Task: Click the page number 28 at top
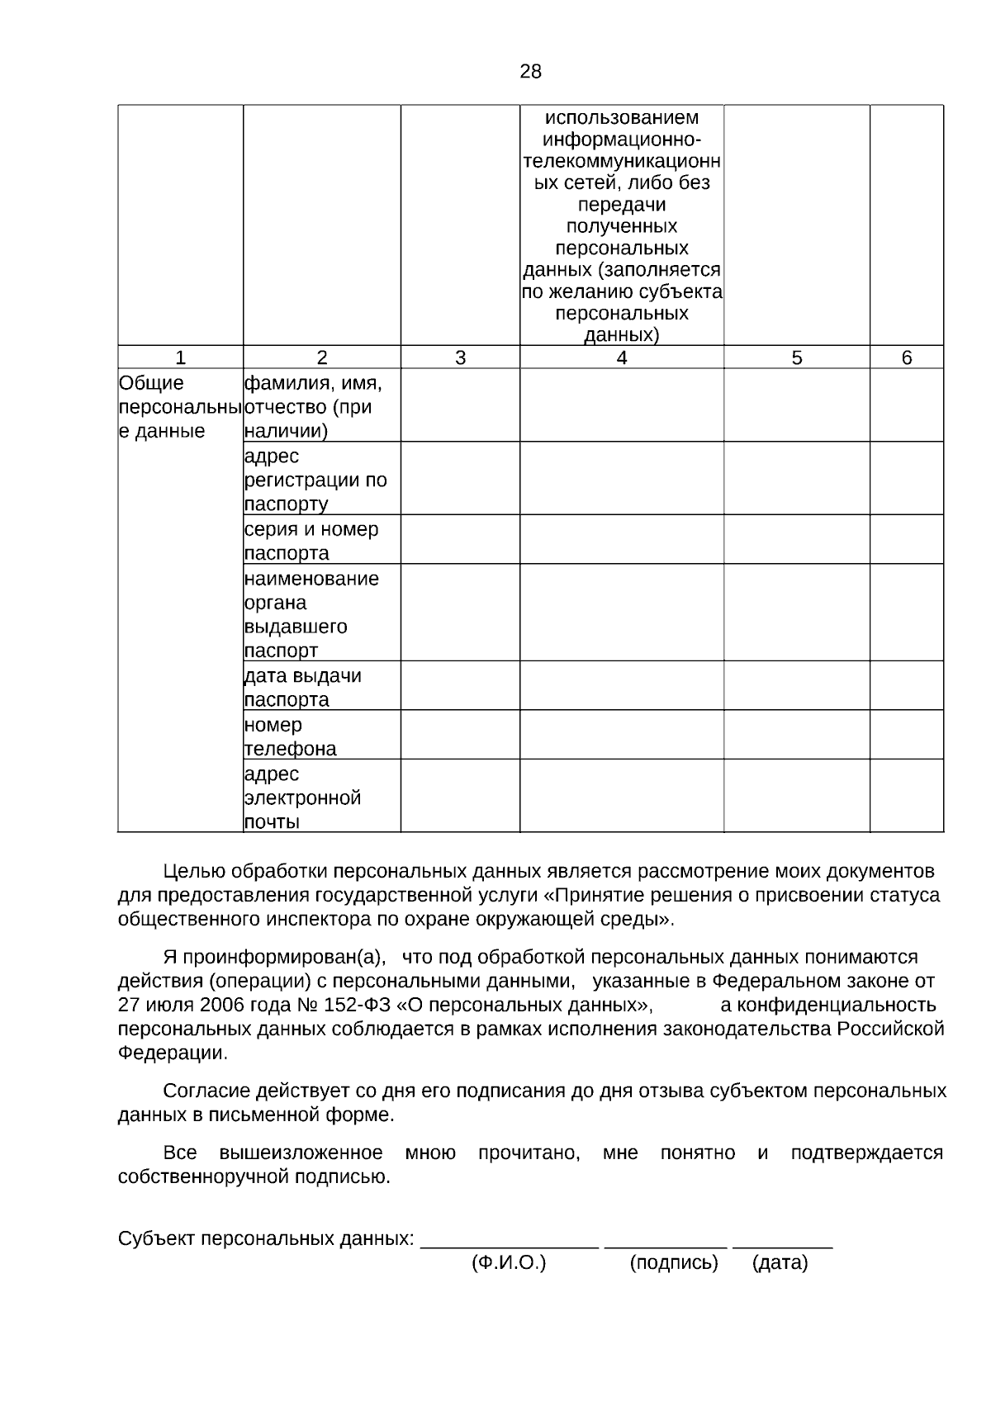pos(530,72)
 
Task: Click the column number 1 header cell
pos(180,357)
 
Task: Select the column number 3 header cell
pos(460,357)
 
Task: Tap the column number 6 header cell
pos(907,357)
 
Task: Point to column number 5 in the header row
pos(796,357)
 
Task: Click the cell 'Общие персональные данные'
pos(180,407)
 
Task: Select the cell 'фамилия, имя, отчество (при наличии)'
pos(321,406)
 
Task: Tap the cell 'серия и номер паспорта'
pos(321,541)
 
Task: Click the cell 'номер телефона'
pos(321,736)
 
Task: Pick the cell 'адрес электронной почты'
pos(321,798)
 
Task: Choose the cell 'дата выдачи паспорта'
pos(321,687)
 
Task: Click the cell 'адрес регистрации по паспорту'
pos(321,480)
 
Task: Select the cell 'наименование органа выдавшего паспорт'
pos(321,613)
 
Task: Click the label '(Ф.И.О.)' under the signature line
pos(509,1262)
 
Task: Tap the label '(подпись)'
pos(674,1262)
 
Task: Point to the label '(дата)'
pos(780,1262)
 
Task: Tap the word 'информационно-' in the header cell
pos(622,140)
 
